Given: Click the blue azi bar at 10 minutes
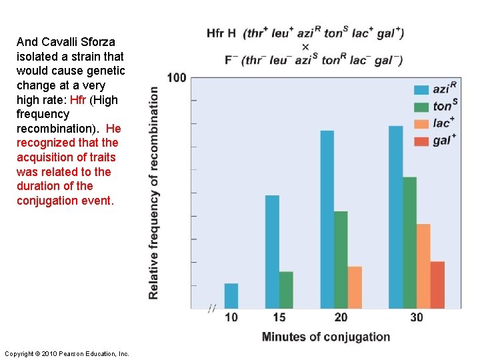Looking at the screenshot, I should (231, 296).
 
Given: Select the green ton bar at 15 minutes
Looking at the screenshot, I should (286, 290).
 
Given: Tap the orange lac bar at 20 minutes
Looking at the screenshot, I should (355, 287).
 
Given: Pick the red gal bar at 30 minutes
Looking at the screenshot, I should (437, 285).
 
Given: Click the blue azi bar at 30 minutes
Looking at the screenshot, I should (395, 217).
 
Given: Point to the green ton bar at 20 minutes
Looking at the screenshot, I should (341, 259).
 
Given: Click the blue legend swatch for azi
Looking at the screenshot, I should (421, 89).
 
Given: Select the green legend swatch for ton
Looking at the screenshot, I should (421, 107).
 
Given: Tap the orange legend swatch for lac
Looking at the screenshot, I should (421, 123).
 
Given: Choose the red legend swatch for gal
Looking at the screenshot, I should (421, 141).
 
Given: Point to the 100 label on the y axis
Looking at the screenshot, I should (177, 78).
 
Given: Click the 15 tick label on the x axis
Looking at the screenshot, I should (279, 317).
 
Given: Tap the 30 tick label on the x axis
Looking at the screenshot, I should (417, 317).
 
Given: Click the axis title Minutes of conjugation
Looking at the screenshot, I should (326, 337).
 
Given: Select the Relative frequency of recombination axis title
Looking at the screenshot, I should (154, 193).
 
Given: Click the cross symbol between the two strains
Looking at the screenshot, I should (305, 47).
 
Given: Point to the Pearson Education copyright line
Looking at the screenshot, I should (67, 353).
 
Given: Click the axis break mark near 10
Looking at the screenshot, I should (212, 308).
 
